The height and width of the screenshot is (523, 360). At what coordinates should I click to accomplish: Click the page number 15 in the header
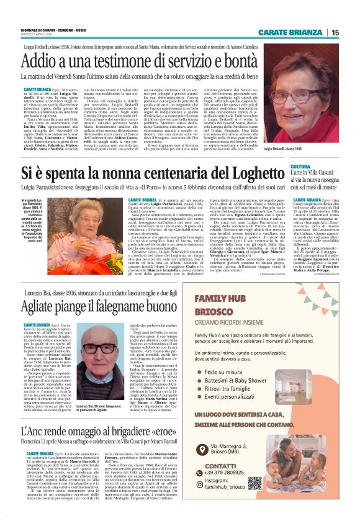352,32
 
